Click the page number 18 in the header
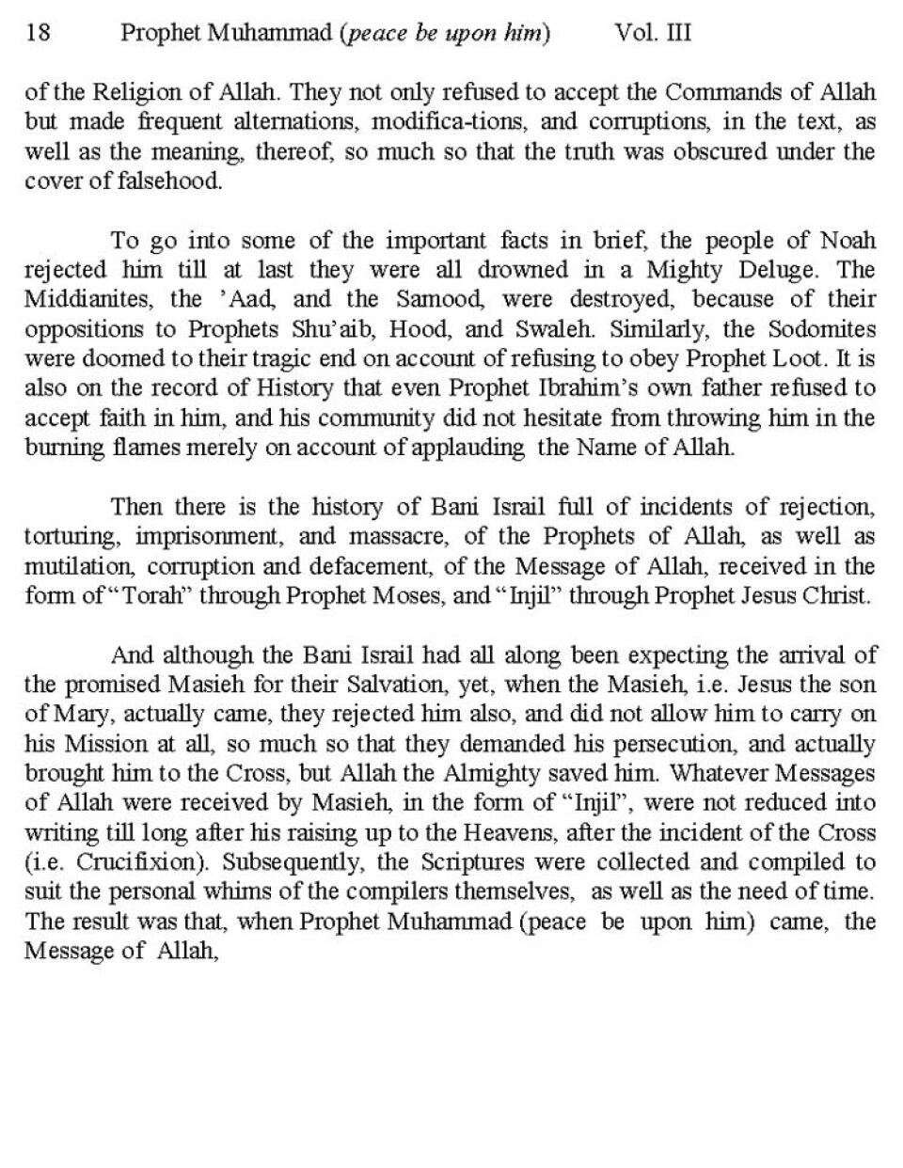coord(39,34)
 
